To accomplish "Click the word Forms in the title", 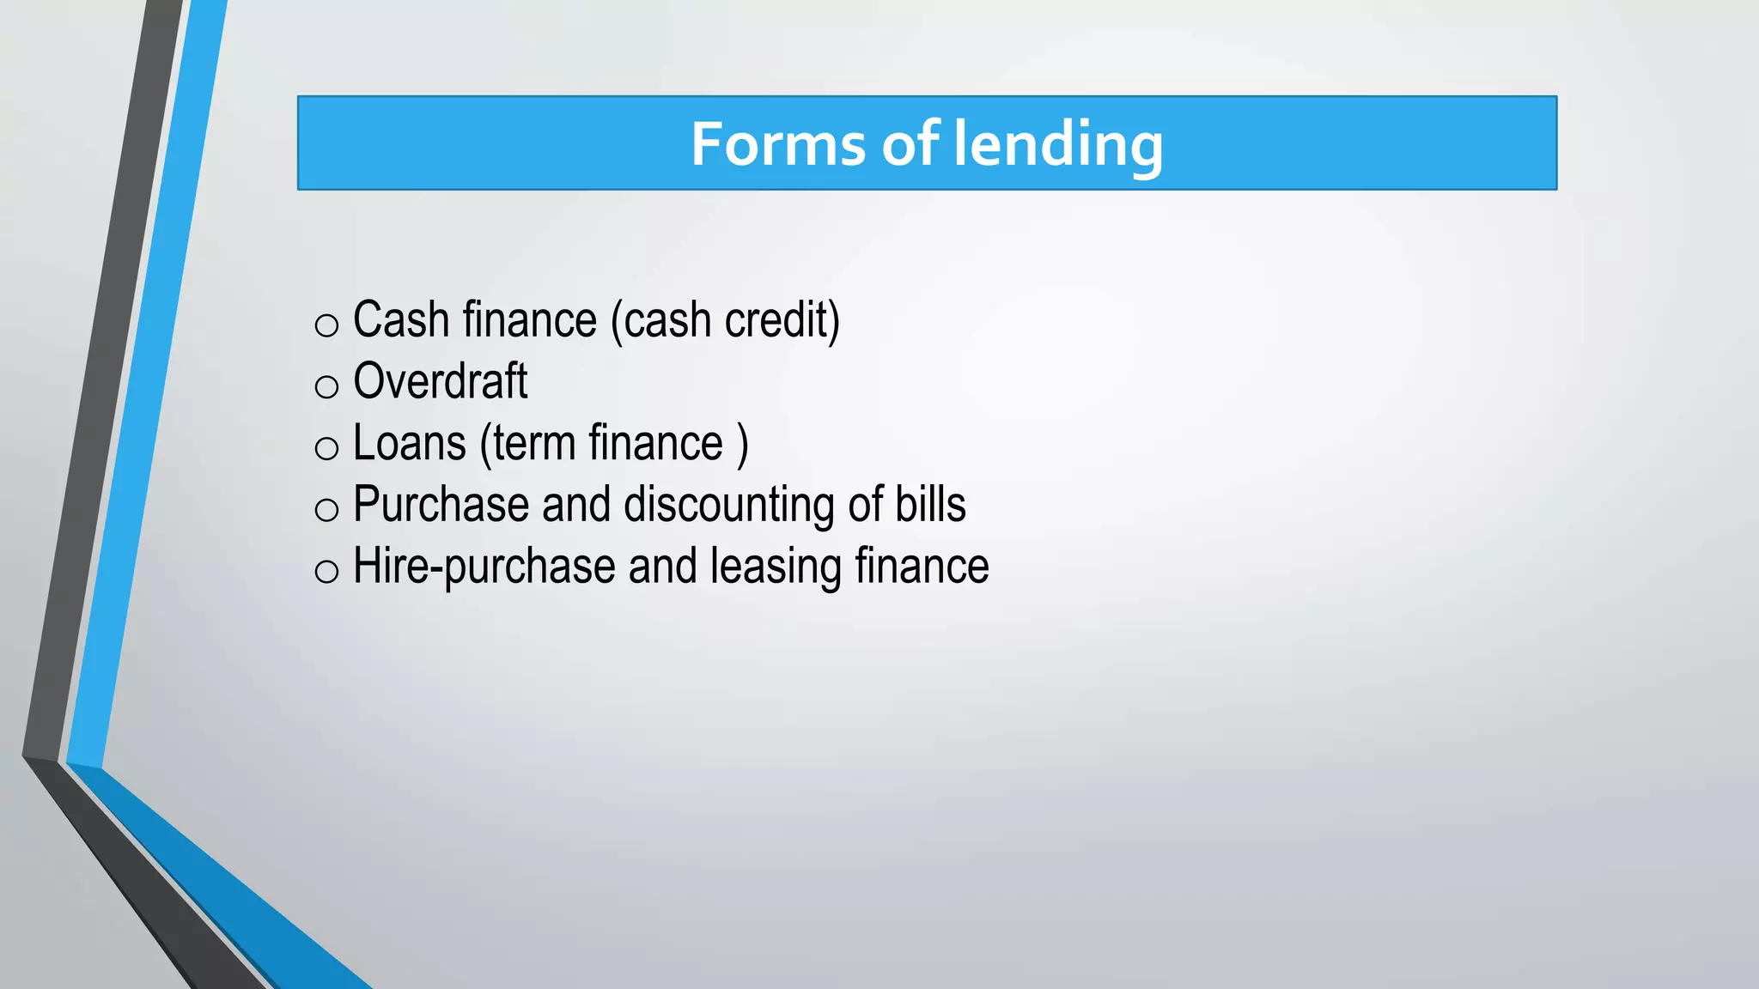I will [x=778, y=143].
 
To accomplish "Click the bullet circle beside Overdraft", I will [x=326, y=387].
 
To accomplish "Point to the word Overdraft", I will [x=440, y=381].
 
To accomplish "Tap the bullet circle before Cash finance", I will [x=326, y=325].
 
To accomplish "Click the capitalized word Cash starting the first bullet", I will [x=401, y=320].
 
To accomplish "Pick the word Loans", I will [x=410, y=443].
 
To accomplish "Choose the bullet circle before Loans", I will [x=326, y=448].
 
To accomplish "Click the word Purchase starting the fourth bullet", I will [x=440, y=505].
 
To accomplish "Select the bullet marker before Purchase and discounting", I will [x=326, y=510].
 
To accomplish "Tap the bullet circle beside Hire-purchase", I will [x=326, y=572].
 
